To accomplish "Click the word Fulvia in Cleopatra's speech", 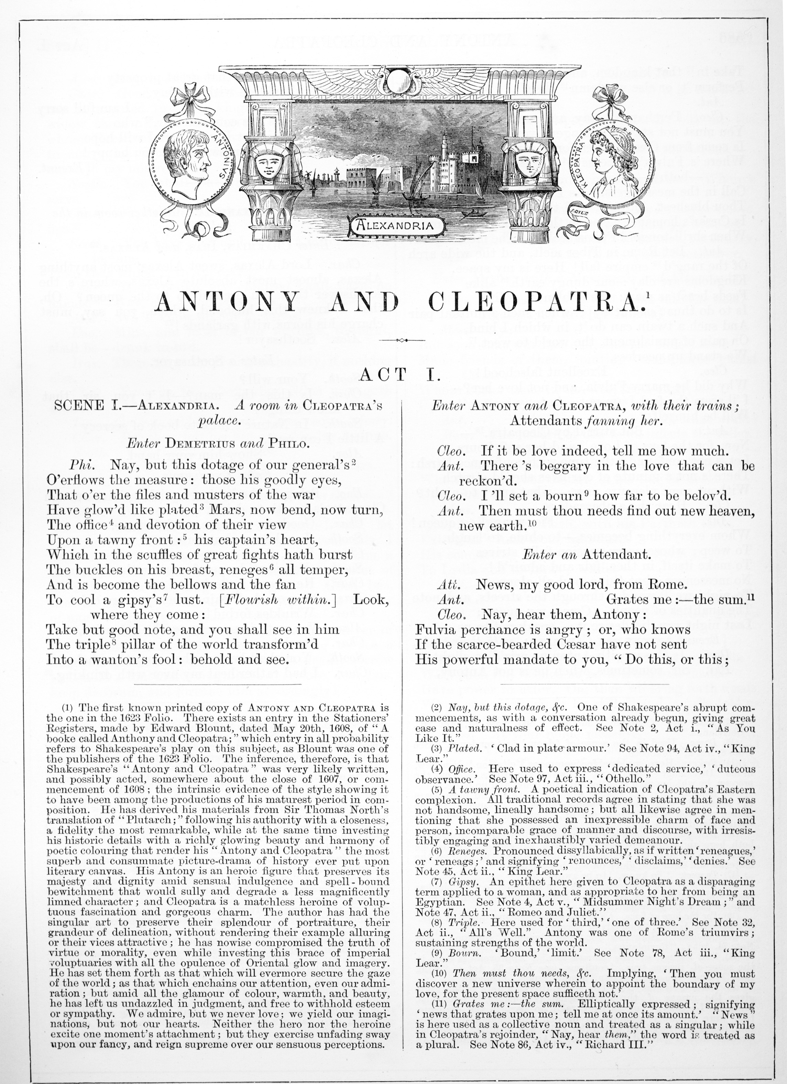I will point(436,629).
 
